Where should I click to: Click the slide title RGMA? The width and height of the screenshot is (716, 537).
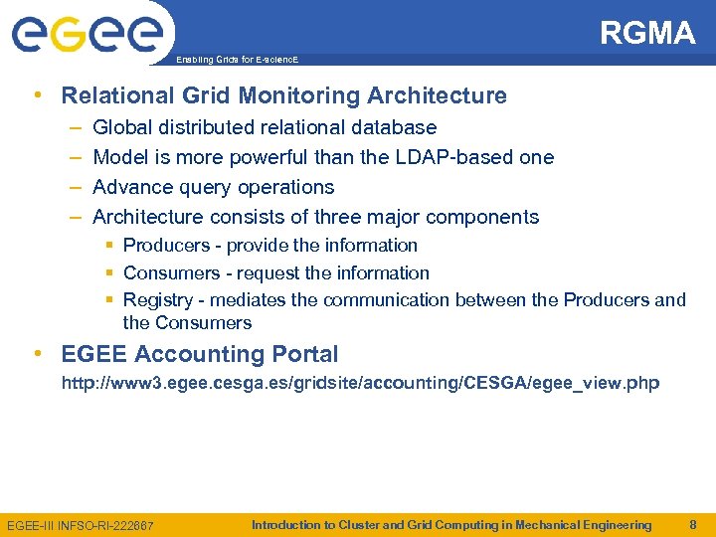click(647, 34)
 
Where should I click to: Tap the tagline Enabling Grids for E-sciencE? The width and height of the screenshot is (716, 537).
click(237, 61)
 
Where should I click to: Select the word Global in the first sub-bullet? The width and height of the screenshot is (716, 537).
click(125, 128)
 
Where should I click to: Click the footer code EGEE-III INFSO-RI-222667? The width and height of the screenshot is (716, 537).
click(81, 525)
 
